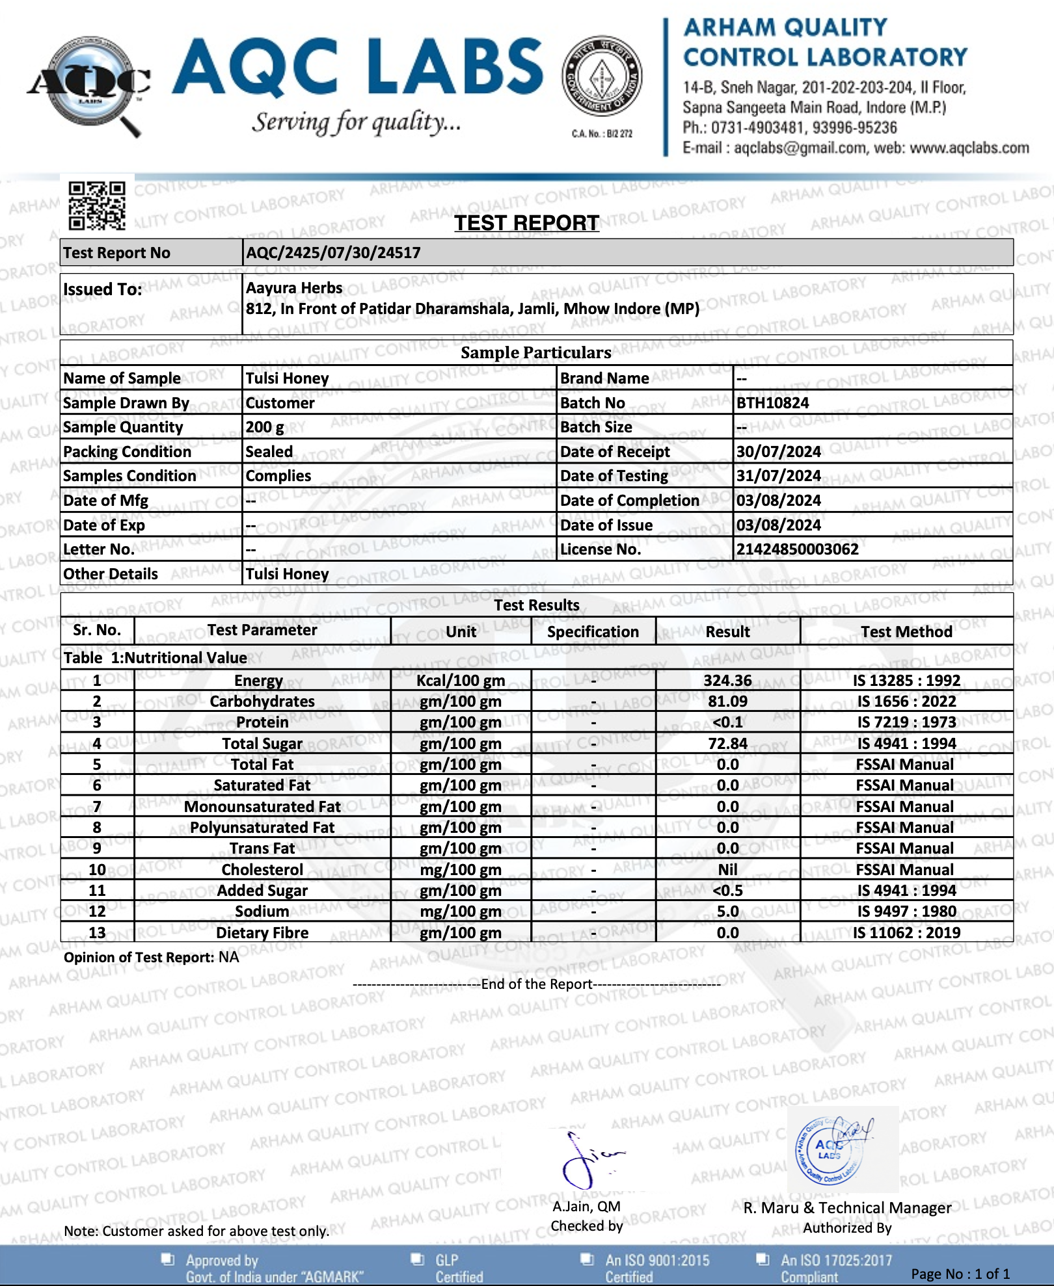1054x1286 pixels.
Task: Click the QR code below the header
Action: tap(97, 205)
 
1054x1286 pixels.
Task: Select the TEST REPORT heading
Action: tap(526, 223)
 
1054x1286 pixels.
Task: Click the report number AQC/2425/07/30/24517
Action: tap(333, 253)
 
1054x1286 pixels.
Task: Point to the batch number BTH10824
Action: tap(772, 403)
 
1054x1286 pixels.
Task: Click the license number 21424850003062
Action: tap(797, 549)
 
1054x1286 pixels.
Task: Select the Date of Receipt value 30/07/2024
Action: tap(778, 452)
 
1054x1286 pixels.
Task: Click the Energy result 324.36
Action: tap(727, 681)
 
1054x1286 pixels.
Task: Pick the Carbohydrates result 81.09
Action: tap(727, 702)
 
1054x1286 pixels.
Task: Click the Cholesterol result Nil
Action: tap(727, 870)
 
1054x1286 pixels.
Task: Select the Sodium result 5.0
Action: tap(727, 912)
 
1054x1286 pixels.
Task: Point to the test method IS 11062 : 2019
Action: tap(906, 933)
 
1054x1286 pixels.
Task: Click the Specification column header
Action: tap(593, 632)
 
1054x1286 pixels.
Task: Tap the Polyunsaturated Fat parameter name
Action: tap(262, 828)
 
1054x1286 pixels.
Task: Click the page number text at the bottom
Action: tap(960, 1274)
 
